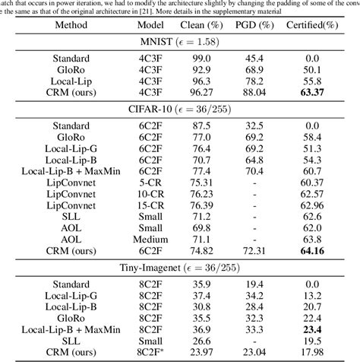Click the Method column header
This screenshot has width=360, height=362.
click(71, 24)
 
